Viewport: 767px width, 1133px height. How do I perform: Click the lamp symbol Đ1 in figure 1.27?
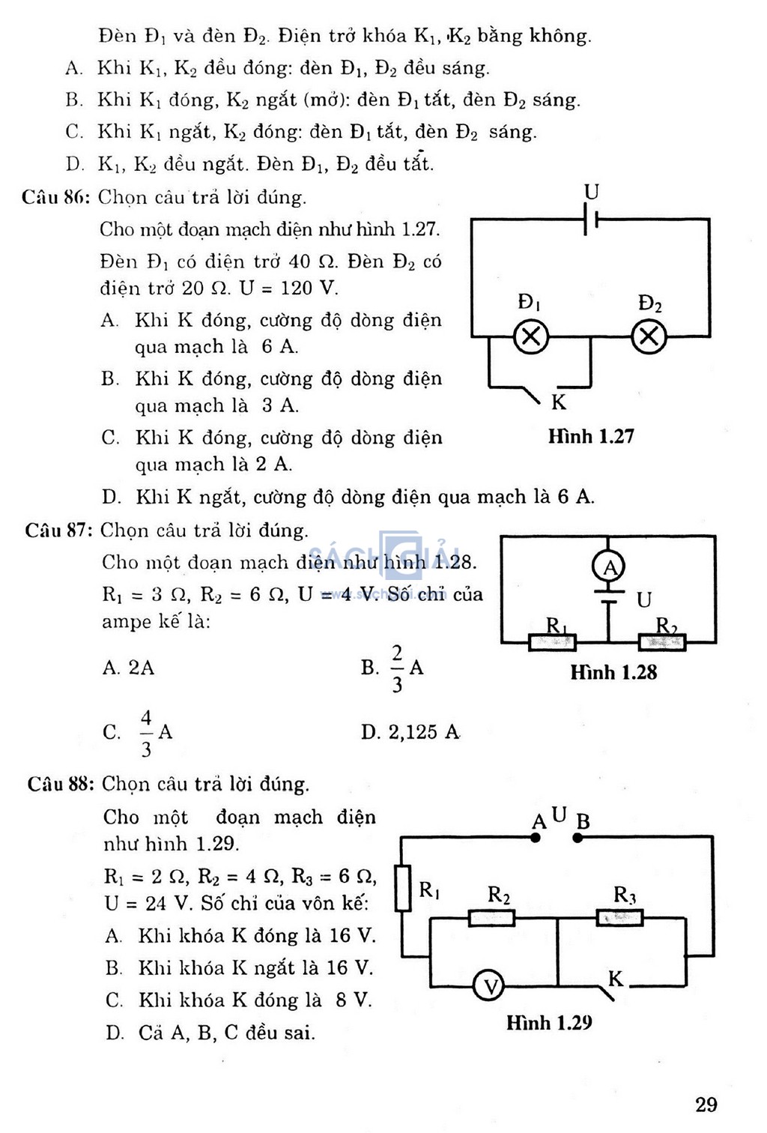(x=531, y=336)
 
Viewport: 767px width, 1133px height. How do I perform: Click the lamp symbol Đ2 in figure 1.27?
(x=649, y=336)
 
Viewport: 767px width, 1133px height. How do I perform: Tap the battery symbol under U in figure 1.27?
(x=590, y=219)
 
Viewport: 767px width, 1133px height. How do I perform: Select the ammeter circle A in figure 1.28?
(x=608, y=567)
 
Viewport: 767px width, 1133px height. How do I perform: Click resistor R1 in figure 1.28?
(x=552, y=642)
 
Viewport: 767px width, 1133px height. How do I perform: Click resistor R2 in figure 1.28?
(x=662, y=642)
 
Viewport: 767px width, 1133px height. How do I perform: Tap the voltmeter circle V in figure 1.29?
(x=488, y=986)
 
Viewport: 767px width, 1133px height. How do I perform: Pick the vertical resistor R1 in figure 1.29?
(x=402, y=888)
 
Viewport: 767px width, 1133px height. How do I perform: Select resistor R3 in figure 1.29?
(x=620, y=917)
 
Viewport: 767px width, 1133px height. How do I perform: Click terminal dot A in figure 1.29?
(x=536, y=838)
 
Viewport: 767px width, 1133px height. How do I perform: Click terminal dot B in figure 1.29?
(x=578, y=838)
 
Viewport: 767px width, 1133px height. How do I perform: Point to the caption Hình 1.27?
(x=591, y=437)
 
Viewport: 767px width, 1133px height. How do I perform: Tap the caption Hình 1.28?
(x=613, y=672)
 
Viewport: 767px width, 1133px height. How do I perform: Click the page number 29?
(x=706, y=1105)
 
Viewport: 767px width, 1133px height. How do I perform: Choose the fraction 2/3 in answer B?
(x=398, y=668)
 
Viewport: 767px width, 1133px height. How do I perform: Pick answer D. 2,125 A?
(x=410, y=731)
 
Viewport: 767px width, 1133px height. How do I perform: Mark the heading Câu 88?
(x=61, y=784)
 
